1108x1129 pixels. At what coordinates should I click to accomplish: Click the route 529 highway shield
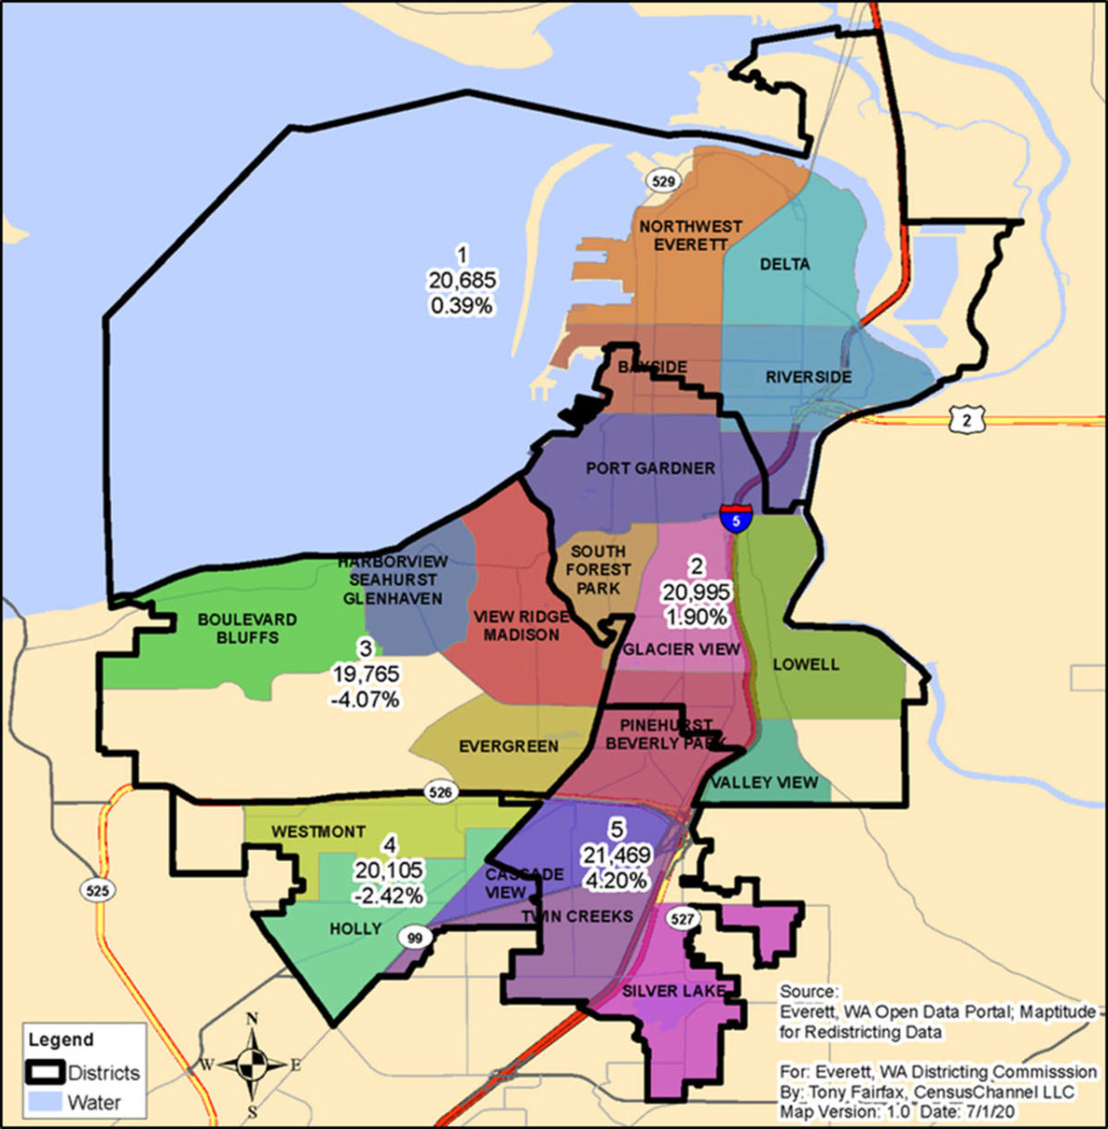tap(661, 180)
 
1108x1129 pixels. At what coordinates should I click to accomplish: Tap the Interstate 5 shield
tap(736, 518)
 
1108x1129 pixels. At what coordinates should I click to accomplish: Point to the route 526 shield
tap(440, 792)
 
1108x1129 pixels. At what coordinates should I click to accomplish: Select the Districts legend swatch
tap(44, 1073)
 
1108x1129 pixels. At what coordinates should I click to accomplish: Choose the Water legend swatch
tap(44, 1102)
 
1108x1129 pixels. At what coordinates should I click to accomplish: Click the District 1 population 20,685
tap(462, 279)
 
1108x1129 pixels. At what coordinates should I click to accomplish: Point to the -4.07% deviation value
tap(366, 699)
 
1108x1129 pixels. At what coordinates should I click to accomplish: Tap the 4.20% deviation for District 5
tap(615, 880)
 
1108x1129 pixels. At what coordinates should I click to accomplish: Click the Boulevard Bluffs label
tap(247, 628)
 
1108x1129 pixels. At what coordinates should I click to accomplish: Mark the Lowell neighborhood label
tap(806, 664)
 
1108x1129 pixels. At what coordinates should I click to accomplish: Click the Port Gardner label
tap(650, 468)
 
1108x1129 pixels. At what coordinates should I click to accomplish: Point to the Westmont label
tap(318, 832)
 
